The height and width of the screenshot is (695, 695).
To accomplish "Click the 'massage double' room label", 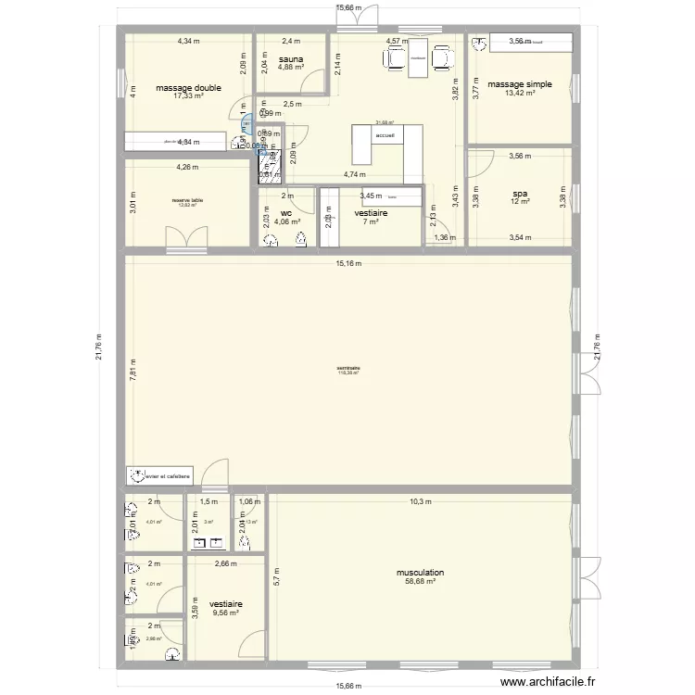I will click(188, 88).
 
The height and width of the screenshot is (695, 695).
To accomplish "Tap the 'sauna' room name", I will click(291, 57).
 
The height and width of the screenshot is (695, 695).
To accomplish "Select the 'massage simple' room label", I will click(520, 84).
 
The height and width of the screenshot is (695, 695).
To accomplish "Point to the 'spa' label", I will click(519, 194).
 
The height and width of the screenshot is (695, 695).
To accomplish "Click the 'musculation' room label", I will click(420, 573).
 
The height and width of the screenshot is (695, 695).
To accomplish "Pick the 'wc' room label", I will click(287, 212).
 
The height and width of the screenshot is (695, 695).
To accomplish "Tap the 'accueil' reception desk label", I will click(385, 135).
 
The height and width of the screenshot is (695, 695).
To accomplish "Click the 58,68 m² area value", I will click(420, 582).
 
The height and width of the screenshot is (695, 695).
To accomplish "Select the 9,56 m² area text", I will click(225, 613).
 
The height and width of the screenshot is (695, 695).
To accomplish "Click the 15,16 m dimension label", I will click(349, 263).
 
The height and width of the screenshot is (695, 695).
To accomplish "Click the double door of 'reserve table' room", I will click(187, 239).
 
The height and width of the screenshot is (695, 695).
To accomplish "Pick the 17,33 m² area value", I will click(188, 96).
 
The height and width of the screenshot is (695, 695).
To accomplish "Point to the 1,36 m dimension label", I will click(445, 238).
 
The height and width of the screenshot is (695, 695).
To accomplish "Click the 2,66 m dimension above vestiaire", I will click(225, 563).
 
